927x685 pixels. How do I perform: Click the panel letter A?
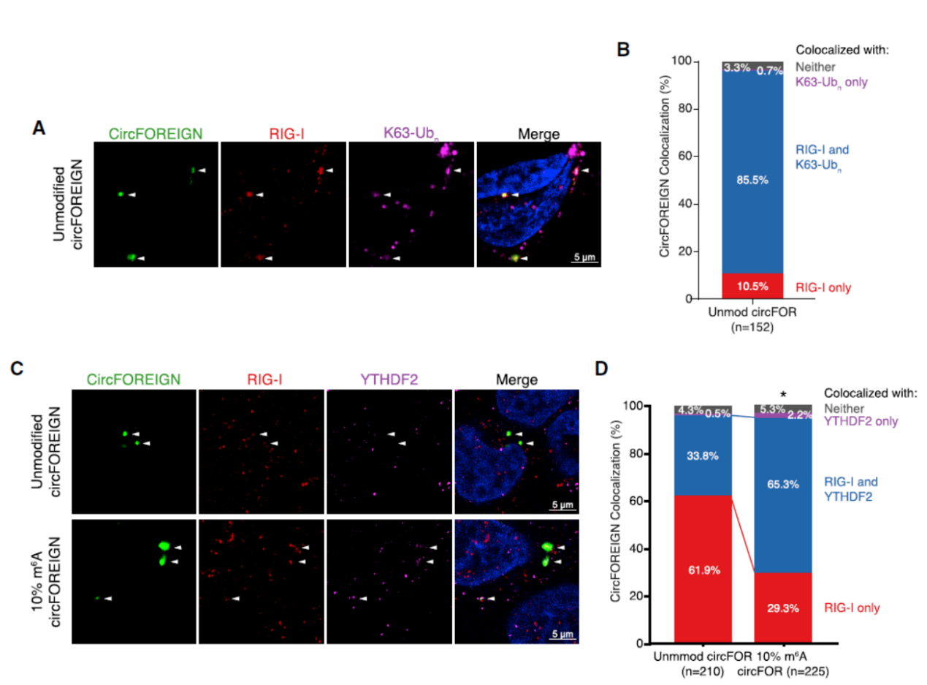[x=41, y=127]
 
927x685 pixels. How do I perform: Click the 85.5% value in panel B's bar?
[x=752, y=180]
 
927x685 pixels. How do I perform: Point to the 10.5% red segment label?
[x=752, y=287]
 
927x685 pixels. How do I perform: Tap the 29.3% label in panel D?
[x=782, y=606]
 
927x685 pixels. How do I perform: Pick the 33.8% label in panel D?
[x=702, y=455]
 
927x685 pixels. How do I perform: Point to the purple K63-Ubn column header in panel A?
[x=411, y=134]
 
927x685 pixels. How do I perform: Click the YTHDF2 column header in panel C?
[x=389, y=379]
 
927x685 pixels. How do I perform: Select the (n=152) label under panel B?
[x=752, y=328]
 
